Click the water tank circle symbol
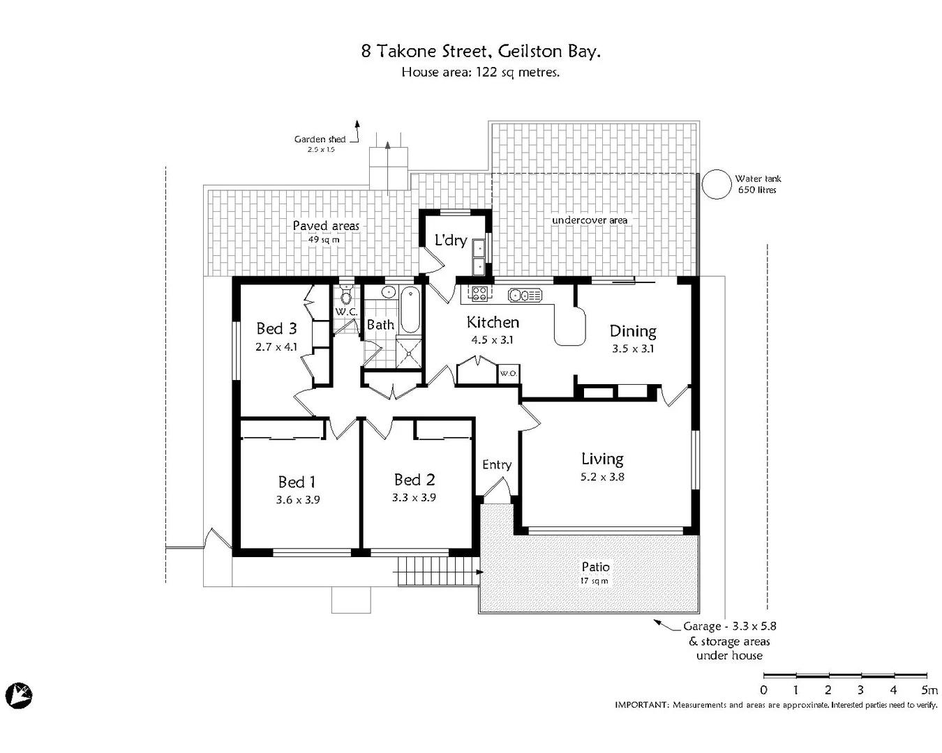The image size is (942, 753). coord(715,185)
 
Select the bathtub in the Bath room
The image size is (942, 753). coord(410,310)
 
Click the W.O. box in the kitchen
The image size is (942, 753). coord(507,374)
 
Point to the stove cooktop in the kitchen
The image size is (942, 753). coord(479,294)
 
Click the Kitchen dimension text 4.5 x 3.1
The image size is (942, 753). coord(492,340)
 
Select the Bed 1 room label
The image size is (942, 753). coord(297,482)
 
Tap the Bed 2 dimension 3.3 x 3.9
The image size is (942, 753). coord(414,498)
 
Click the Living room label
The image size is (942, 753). coord(602,459)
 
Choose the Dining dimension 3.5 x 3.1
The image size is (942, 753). coord(633,349)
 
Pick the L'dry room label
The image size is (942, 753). coord(450,241)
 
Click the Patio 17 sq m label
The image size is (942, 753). coord(595,573)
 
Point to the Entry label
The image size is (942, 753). coord(497,465)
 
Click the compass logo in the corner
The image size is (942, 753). coord(19,695)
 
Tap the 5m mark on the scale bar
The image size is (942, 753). coord(929,690)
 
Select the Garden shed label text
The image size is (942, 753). coord(320,139)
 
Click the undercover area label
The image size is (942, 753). coord(590,220)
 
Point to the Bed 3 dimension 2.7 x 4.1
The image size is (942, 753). coord(276,347)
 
